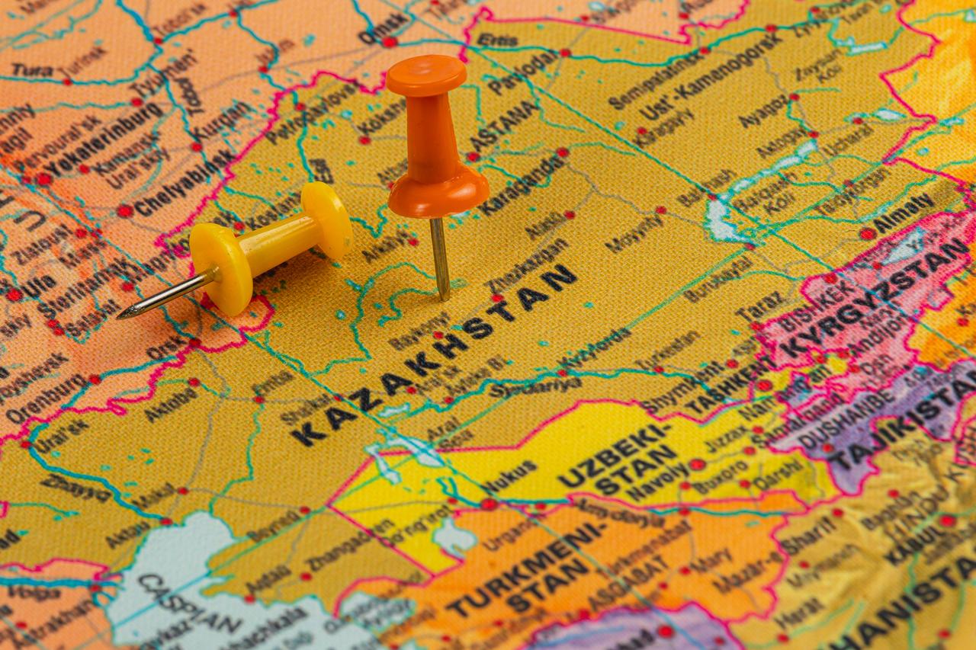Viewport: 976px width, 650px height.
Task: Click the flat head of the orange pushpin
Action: click(425, 75)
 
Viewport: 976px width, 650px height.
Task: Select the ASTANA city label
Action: click(503, 126)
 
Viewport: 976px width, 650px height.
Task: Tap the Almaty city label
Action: click(904, 214)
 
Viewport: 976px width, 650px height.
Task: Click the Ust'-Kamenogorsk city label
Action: click(709, 76)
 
